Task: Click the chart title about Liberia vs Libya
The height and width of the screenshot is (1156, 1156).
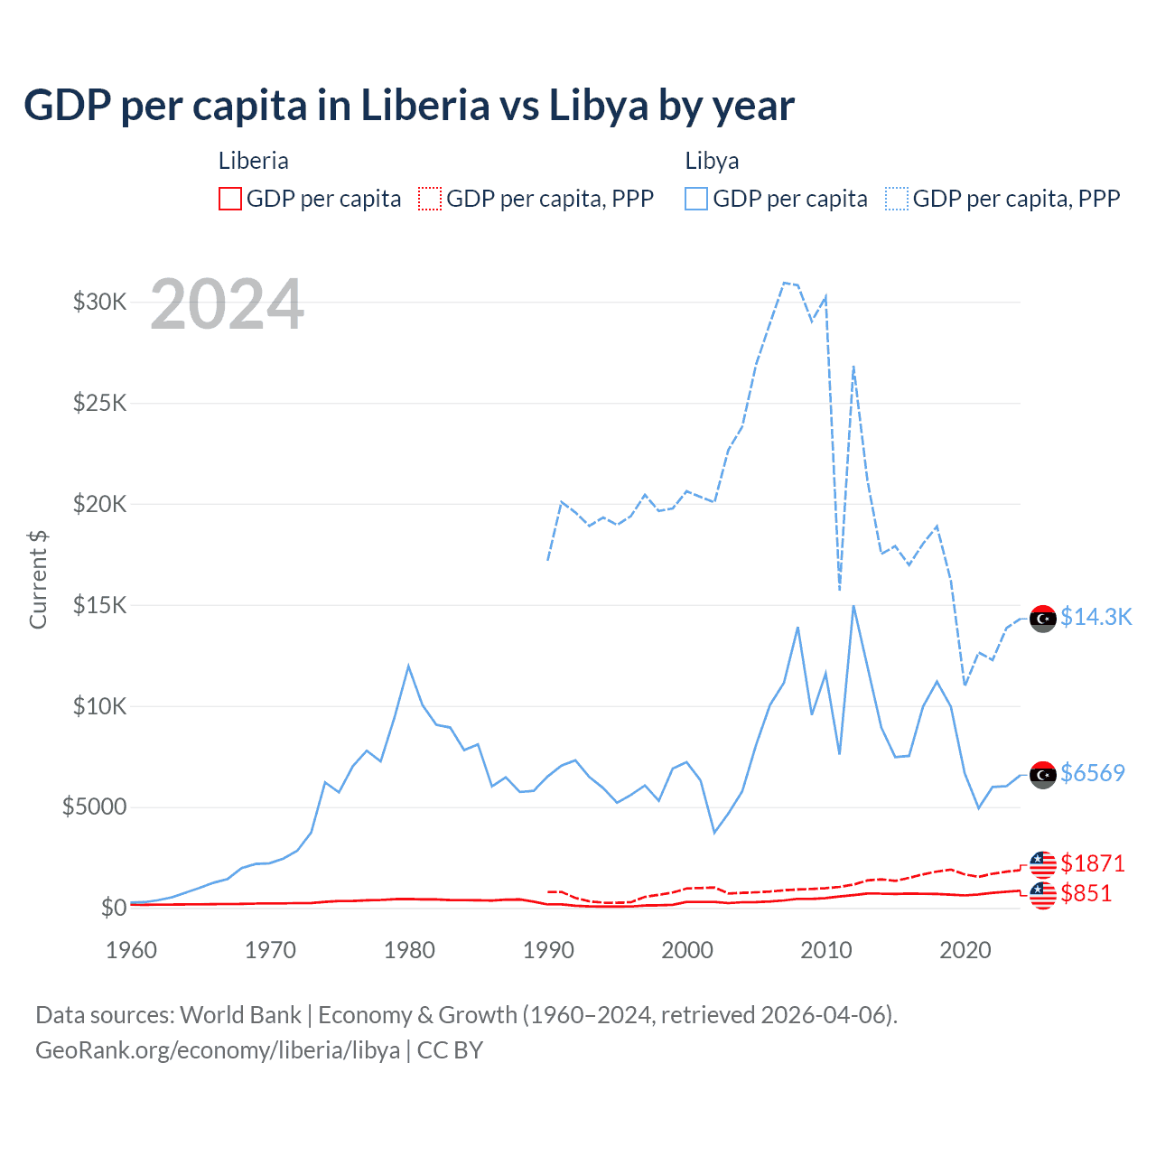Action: point(409,106)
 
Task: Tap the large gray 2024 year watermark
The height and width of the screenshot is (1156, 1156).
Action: point(227,304)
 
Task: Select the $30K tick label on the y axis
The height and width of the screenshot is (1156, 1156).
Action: point(99,302)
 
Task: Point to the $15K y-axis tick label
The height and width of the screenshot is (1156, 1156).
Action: point(99,605)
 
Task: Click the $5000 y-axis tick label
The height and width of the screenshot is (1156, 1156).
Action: point(94,806)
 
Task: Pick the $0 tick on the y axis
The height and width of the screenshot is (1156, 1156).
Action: point(113,908)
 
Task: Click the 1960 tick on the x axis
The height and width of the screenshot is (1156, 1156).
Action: point(132,950)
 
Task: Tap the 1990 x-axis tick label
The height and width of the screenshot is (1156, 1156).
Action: point(548,950)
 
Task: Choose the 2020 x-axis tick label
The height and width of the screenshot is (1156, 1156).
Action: point(965,950)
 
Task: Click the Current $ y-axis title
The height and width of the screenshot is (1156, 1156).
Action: point(38,579)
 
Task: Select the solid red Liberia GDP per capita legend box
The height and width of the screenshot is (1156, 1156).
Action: point(230,199)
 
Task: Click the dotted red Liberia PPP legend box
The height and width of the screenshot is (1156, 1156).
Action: point(430,199)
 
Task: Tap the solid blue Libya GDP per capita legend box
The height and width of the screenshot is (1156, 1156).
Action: point(696,199)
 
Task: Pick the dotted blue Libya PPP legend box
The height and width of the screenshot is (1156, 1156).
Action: point(897,199)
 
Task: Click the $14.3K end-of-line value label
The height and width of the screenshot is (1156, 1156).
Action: point(1095,617)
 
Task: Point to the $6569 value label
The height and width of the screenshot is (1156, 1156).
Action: point(1093,773)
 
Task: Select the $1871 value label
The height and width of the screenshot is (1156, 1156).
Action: point(1093,863)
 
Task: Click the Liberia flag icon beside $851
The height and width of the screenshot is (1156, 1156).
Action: point(1043,894)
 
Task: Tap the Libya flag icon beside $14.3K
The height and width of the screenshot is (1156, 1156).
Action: point(1043,619)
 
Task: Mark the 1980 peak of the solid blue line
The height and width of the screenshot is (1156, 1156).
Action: point(408,666)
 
